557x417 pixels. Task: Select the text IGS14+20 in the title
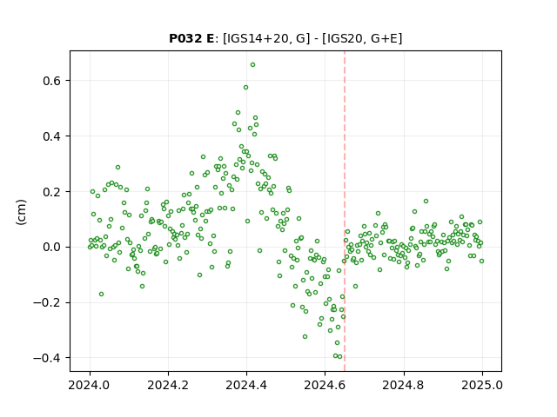pyautogui.click(x=256, y=38)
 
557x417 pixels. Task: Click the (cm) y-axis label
pyautogui.click(x=21, y=212)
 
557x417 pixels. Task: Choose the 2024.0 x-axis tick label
pyautogui.click(x=90, y=385)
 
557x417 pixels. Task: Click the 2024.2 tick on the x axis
pyautogui.click(x=168, y=385)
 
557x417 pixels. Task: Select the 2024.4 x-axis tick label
pyautogui.click(x=246, y=385)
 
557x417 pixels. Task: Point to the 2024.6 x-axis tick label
pyautogui.click(x=325, y=385)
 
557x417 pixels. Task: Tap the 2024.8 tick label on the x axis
pyautogui.click(x=404, y=385)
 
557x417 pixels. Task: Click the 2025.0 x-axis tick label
pyautogui.click(x=482, y=385)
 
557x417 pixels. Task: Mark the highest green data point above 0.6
pyautogui.click(x=252, y=65)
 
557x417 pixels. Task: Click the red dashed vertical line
pyautogui.click(x=345, y=211)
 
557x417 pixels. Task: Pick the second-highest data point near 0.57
pyautogui.click(x=245, y=87)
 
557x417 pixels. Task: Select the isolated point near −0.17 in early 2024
pyautogui.click(x=101, y=295)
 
